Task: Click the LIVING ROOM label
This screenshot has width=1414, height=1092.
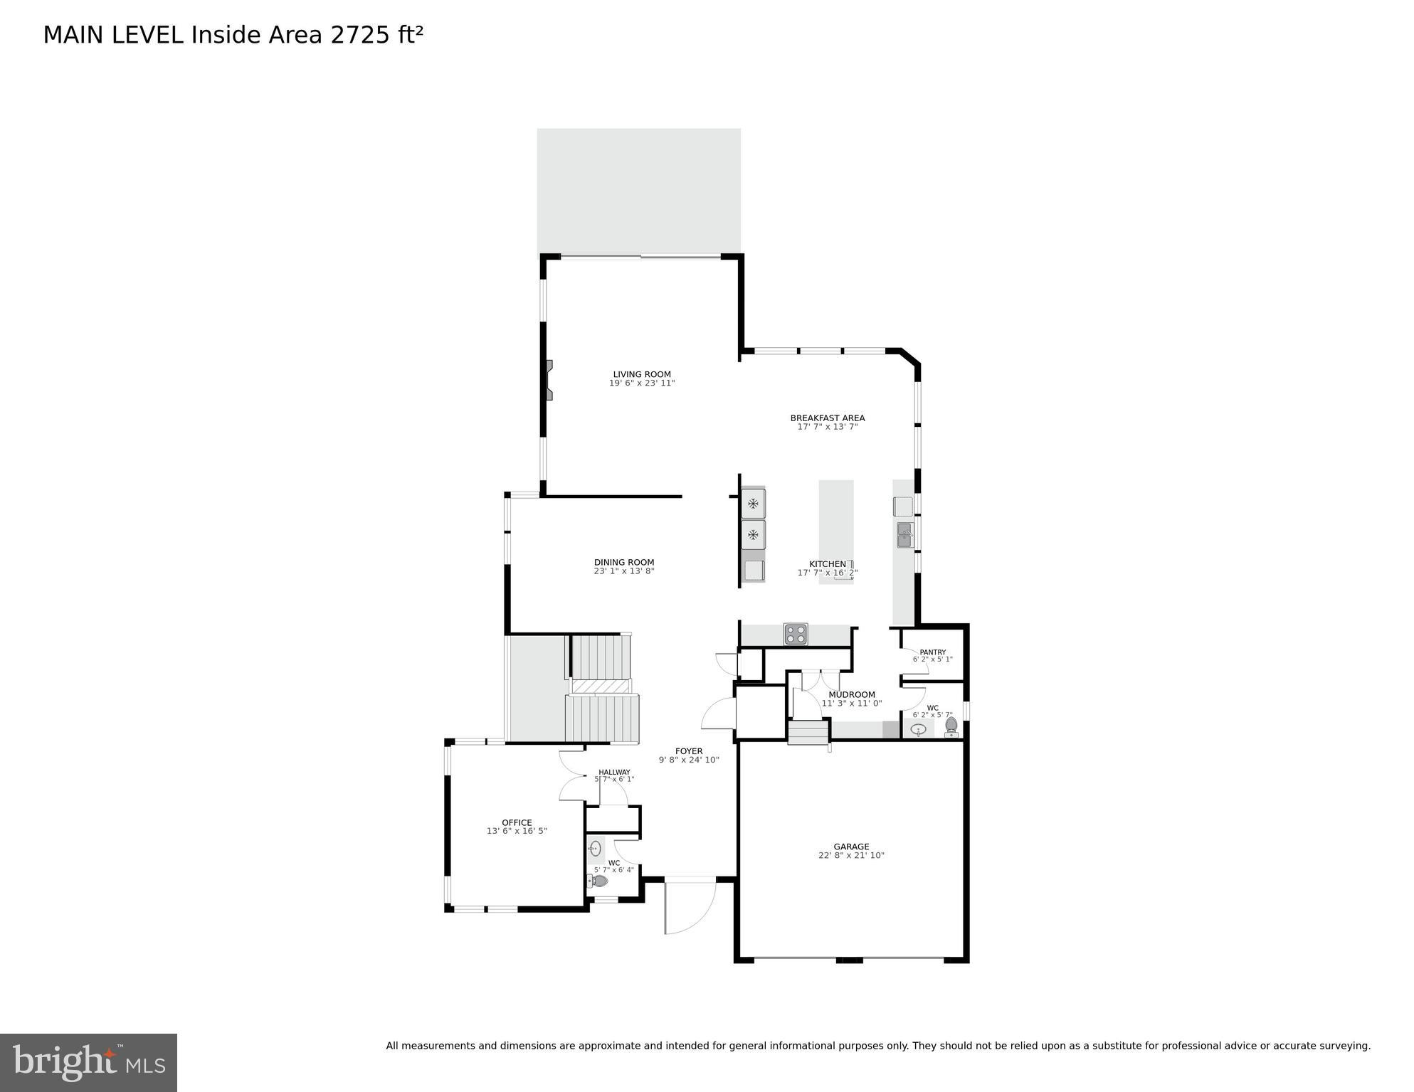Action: tap(642, 374)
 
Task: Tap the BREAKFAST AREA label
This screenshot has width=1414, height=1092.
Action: tap(828, 418)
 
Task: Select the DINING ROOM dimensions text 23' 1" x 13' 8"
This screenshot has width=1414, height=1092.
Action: tap(624, 571)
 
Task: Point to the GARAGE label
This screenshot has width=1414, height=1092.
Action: tap(851, 847)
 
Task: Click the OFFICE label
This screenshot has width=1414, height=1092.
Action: tap(517, 822)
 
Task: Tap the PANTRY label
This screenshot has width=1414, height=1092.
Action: tap(932, 652)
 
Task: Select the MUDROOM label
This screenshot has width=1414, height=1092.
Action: tap(852, 694)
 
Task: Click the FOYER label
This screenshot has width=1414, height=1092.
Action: tap(689, 751)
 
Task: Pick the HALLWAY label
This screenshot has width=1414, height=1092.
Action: tap(614, 772)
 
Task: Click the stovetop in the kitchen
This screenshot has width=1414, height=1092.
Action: tap(796, 634)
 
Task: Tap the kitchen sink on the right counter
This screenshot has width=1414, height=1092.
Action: tap(904, 535)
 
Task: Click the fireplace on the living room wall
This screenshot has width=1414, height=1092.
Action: tap(548, 380)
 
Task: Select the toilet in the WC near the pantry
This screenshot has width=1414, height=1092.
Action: tap(951, 726)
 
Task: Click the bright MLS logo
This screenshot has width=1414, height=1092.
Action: tap(88, 1062)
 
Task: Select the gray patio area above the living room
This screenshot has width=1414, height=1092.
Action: tap(638, 191)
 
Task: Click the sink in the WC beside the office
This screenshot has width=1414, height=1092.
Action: tap(596, 849)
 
